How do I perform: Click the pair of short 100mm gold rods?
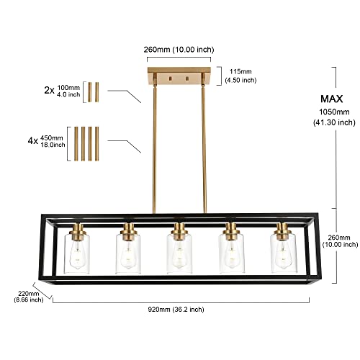(93, 92)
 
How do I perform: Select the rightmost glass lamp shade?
(282, 254)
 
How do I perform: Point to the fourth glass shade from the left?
(230, 254)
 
